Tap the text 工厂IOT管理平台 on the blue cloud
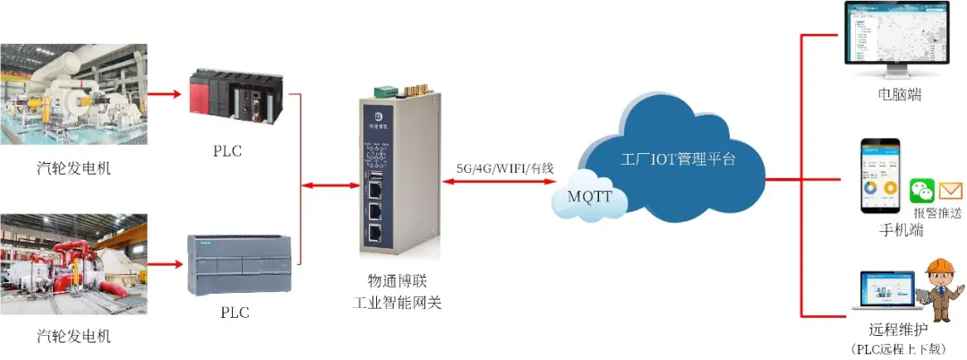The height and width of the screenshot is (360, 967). [x=678, y=159]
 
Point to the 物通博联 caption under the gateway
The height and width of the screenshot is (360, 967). [x=398, y=280]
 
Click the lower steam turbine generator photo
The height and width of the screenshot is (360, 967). [x=74, y=266]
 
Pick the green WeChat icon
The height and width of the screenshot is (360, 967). [x=922, y=191]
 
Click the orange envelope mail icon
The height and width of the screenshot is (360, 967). [x=950, y=191]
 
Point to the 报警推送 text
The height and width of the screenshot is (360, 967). [x=936, y=213]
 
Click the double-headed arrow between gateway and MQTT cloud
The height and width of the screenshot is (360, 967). [x=502, y=183]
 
